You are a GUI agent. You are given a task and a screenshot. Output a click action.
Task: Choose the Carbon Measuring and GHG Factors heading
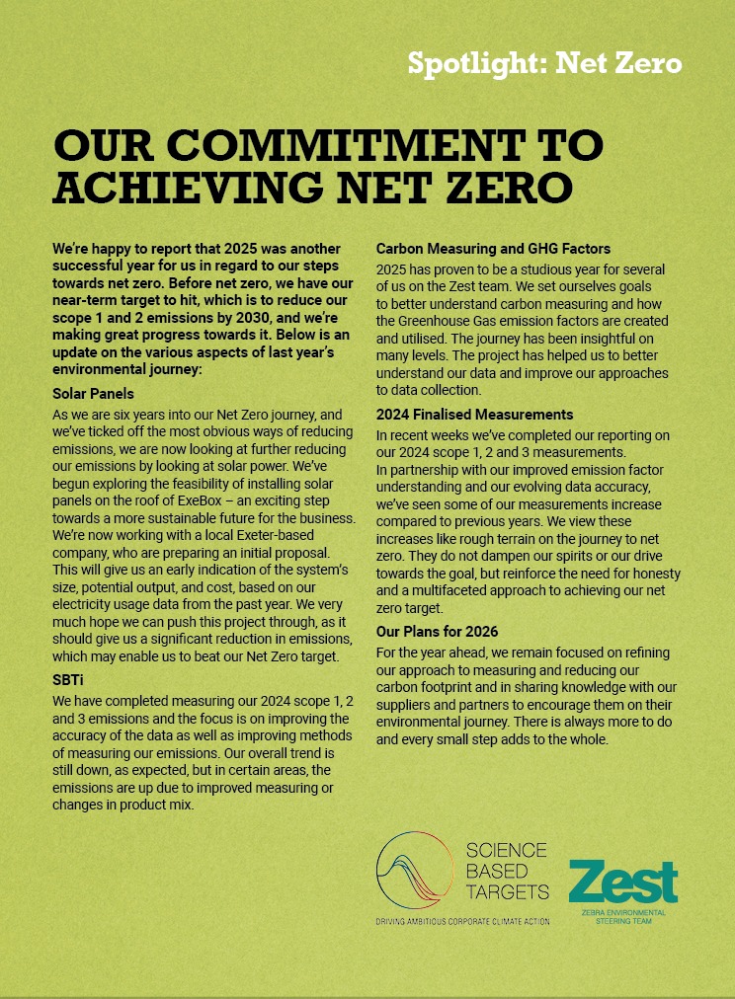click(493, 249)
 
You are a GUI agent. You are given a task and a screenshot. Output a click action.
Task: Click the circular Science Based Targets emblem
click(419, 874)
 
